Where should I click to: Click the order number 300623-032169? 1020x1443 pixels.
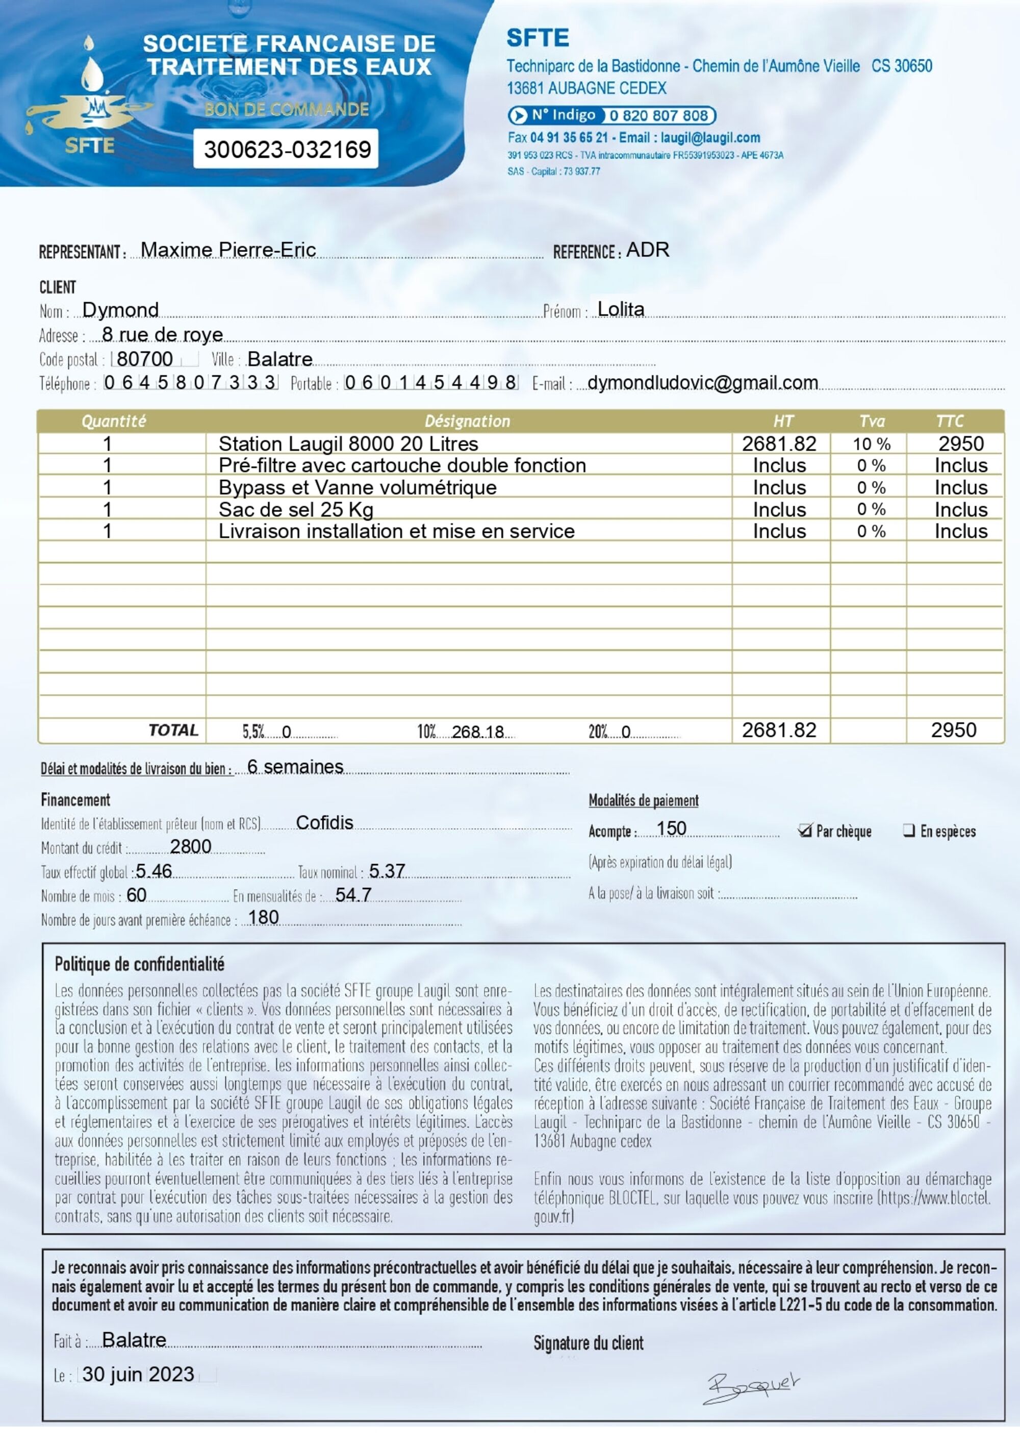pyautogui.click(x=287, y=150)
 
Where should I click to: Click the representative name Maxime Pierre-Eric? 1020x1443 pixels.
pyautogui.click(x=228, y=250)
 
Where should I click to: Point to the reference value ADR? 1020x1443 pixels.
pyautogui.click(x=648, y=250)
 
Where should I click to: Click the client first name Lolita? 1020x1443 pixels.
pyautogui.click(x=621, y=309)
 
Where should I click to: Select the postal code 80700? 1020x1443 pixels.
pyautogui.click(x=145, y=359)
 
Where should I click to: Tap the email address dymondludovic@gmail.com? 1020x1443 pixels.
pyautogui.click(x=703, y=382)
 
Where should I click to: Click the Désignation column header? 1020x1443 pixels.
pyautogui.click(x=467, y=421)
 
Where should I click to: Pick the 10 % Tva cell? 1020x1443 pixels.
pyautogui.click(x=871, y=444)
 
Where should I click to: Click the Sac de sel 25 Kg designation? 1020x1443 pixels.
pyautogui.click(x=296, y=509)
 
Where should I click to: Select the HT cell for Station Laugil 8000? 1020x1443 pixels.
pyautogui.click(x=779, y=444)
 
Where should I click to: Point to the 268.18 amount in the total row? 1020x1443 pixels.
pyautogui.click(x=478, y=731)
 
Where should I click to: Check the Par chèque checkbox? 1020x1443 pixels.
pyautogui.click(x=805, y=831)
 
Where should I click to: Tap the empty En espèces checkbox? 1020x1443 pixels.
pyautogui.click(x=908, y=830)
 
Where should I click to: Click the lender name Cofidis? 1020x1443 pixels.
pyautogui.click(x=324, y=823)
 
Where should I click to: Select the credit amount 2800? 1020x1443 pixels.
pyautogui.click(x=190, y=847)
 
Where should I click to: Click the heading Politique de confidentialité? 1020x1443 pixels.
pyautogui.click(x=139, y=964)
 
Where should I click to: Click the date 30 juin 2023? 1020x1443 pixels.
pyautogui.click(x=138, y=1375)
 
